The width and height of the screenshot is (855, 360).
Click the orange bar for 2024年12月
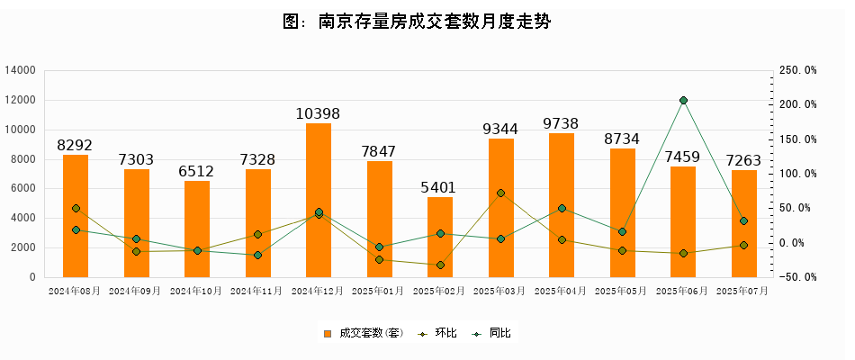[319, 243]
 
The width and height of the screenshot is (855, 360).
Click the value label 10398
[319, 114]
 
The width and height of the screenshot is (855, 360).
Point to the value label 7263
[744, 161]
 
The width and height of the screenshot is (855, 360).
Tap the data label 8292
[75, 146]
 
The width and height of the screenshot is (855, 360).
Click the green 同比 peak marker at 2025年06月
[683, 101]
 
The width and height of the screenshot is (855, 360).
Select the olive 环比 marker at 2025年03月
[500, 193]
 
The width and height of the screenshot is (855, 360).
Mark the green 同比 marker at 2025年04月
[562, 208]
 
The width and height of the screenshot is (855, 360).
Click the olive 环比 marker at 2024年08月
[76, 209]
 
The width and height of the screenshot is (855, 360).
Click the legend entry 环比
[440, 334]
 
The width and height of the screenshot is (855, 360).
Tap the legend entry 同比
[495, 334]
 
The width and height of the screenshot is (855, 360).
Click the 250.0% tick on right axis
[797, 70]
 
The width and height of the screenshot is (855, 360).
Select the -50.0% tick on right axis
[797, 277]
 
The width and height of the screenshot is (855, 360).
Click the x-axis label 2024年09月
[136, 291]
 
